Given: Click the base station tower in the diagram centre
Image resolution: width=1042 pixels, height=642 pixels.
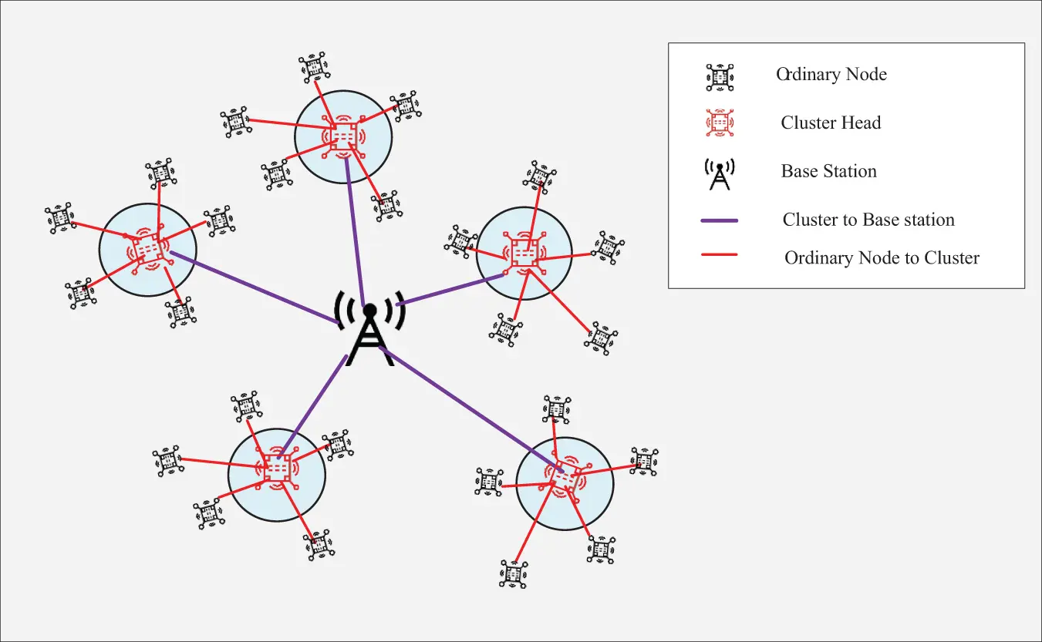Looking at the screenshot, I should coord(370,329).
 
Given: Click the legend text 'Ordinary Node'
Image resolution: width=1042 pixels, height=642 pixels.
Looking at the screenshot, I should coord(831,75).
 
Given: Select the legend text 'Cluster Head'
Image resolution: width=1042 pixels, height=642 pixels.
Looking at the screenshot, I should coord(831,123).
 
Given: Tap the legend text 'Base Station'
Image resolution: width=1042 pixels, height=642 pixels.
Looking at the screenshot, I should coord(828,171).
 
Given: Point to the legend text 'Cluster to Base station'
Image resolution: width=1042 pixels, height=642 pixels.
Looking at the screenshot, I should coord(868,220).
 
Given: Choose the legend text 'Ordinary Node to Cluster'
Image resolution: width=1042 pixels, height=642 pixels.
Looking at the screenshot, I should coord(882,258).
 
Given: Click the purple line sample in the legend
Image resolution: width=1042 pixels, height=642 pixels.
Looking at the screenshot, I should coord(719,220).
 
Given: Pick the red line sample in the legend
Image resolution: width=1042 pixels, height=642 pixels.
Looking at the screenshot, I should coord(719,255).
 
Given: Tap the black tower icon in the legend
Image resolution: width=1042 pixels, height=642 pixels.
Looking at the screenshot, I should coord(720,175).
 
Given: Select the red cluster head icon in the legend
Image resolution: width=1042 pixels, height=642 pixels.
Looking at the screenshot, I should coord(720,123).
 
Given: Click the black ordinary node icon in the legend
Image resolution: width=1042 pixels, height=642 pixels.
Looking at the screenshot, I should coord(720,76).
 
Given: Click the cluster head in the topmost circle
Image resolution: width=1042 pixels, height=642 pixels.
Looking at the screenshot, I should coord(343,136).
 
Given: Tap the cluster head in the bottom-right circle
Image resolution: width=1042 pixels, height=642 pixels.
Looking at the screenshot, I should coord(565,479).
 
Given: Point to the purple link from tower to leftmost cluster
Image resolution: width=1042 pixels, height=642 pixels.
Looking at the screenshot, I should coord(255,288).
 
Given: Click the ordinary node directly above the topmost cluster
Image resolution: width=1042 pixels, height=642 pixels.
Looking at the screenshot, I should coord(312,68).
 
